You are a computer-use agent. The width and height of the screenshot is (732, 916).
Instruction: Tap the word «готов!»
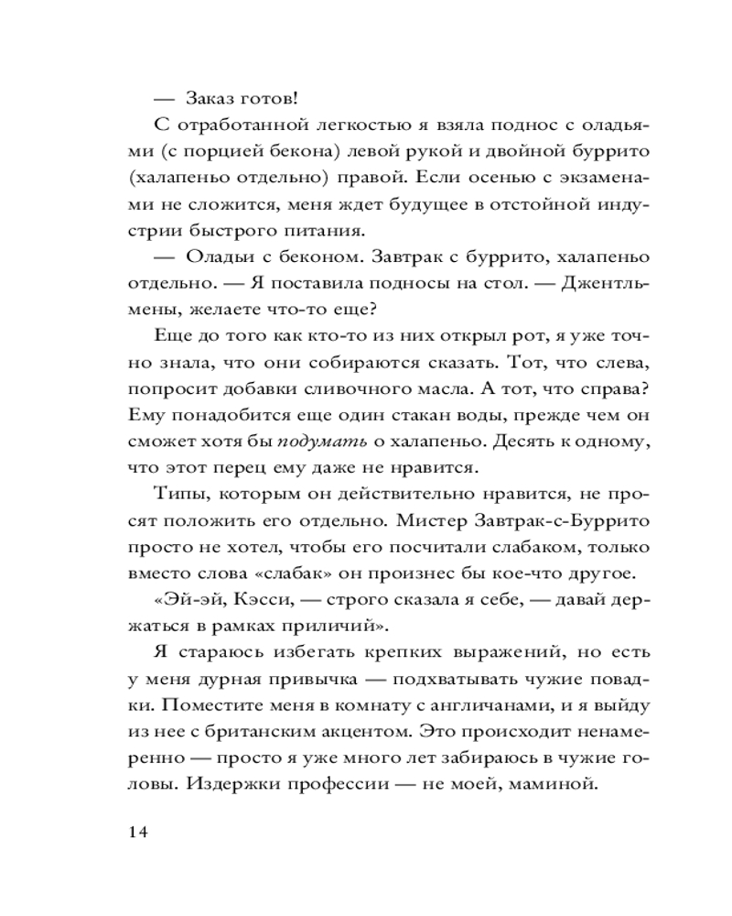(275, 100)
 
